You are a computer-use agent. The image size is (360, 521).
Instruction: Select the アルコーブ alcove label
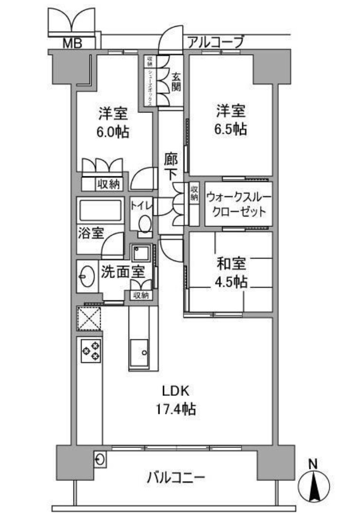click(x=215, y=43)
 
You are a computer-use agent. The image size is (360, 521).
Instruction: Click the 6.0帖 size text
click(x=113, y=132)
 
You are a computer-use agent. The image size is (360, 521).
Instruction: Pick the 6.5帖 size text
click(x=231, y=129)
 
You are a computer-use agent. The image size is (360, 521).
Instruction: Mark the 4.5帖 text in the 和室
click(x=231, y=282)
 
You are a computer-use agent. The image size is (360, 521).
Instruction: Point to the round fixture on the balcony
click(x=100, y=458)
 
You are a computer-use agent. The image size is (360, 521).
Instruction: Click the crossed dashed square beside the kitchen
click(x=89, y=318)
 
